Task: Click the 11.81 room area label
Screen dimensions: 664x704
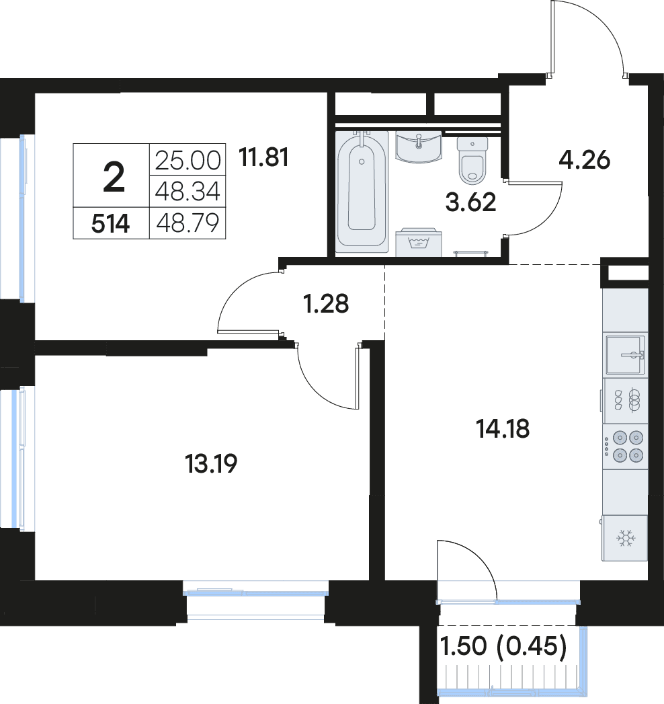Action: click(x=263, y=157)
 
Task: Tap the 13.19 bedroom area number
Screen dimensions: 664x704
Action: click(x=211, y=464)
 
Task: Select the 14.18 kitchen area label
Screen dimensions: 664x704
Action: click(x=503, y=429)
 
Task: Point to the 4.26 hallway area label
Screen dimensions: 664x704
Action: click(x=584, y=160)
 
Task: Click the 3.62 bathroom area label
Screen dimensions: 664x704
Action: click(x=470, y=202)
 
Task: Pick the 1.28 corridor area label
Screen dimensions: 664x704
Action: click(x=326, y=304)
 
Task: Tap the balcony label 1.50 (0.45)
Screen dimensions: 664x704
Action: click(x=503, y=647)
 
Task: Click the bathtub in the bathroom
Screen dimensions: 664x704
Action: click(x=362, y=191)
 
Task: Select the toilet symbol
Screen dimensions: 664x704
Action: click(x=472, y=160)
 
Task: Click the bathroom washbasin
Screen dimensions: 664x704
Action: click(x=419, y=147)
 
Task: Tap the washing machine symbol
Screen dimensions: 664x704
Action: click(x=419, y=243)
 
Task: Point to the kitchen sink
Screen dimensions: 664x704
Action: click(x=626, y=355)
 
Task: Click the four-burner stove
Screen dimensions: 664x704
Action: click(x=625, y=446)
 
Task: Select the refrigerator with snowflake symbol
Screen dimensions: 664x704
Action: click(x=624, y=538)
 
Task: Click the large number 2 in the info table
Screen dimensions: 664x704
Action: click(x=114, y=178)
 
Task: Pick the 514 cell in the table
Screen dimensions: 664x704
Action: click(x=111, y=224)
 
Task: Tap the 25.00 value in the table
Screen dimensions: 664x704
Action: click(x=188, y=160)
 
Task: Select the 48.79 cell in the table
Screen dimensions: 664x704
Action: click(x=188, y=223)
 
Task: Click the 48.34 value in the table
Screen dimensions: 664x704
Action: click(x=188, y=191)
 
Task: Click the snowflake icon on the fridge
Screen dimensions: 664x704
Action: click(x=626, y=538)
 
